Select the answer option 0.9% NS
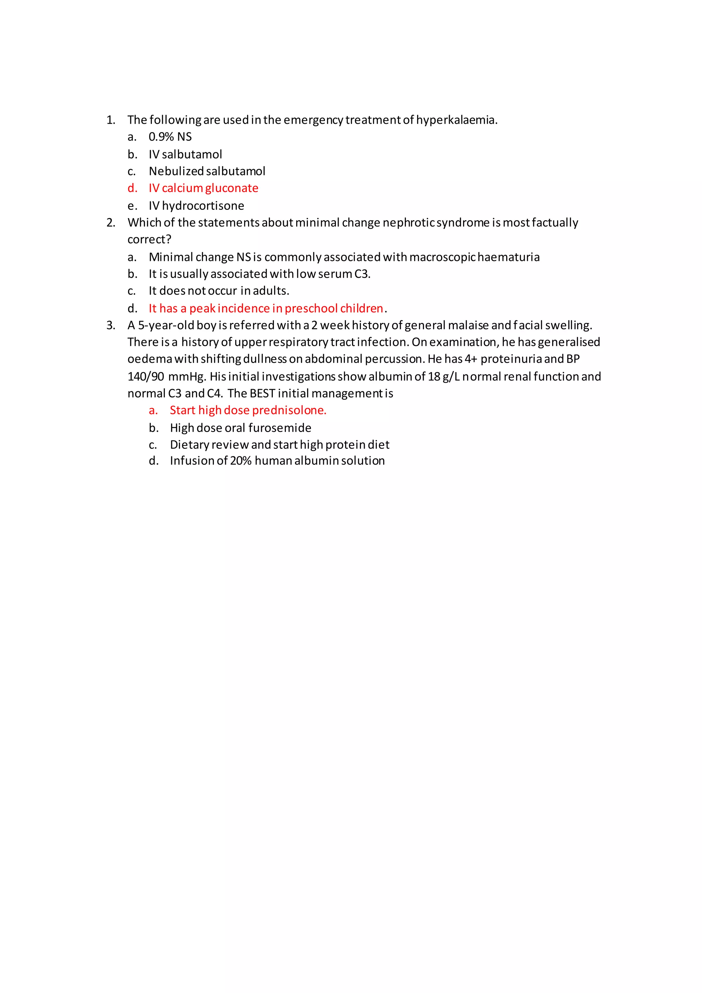click(170, 137)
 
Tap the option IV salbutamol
click(185, 154)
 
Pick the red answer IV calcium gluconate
click(203, 188)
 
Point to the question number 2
click(111, 223)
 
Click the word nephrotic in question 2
click(409, 223)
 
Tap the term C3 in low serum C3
click(362, 274)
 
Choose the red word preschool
click(311, 308)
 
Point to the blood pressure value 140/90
click(146, 377)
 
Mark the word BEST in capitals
click(262, 394)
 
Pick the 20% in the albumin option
click(241, 461)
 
